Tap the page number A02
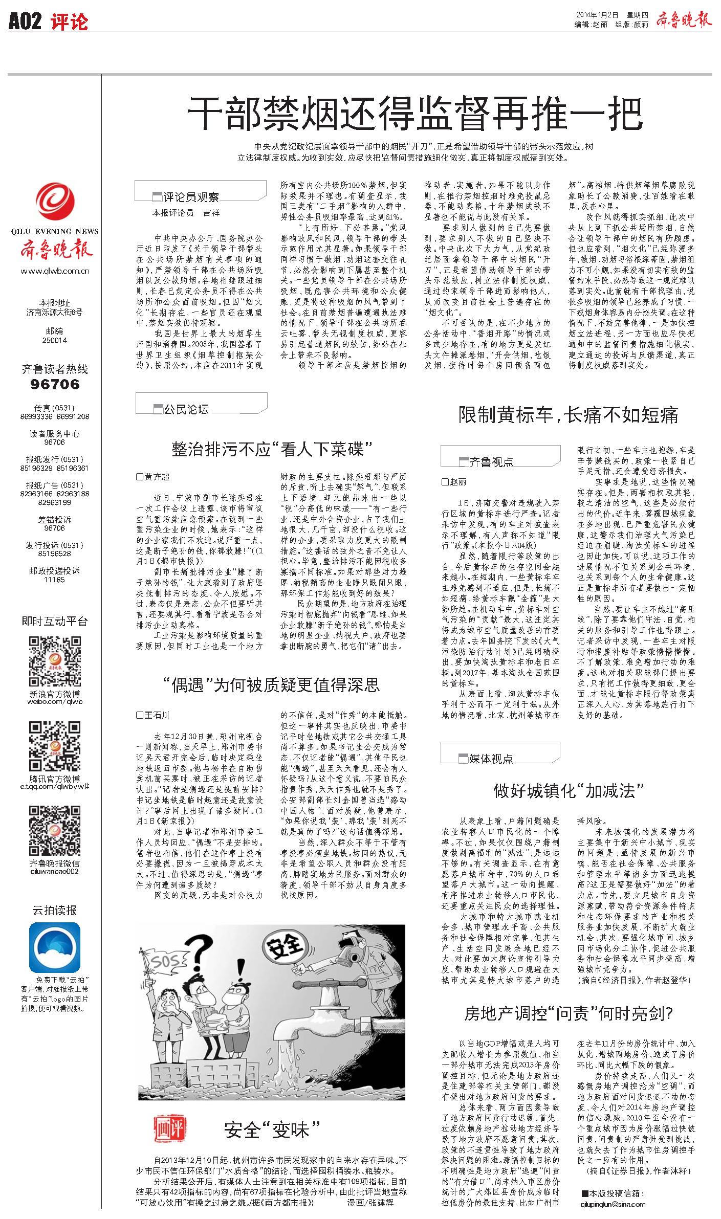click(25, 21)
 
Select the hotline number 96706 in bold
click(55, 384)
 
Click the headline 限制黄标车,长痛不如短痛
click(568, 415)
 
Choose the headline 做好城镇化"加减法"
click(568, 791)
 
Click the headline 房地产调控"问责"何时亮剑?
click(568, 1013)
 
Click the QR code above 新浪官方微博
click(55, 662)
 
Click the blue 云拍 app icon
click(55, 947)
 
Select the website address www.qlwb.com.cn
click(55, 271)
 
